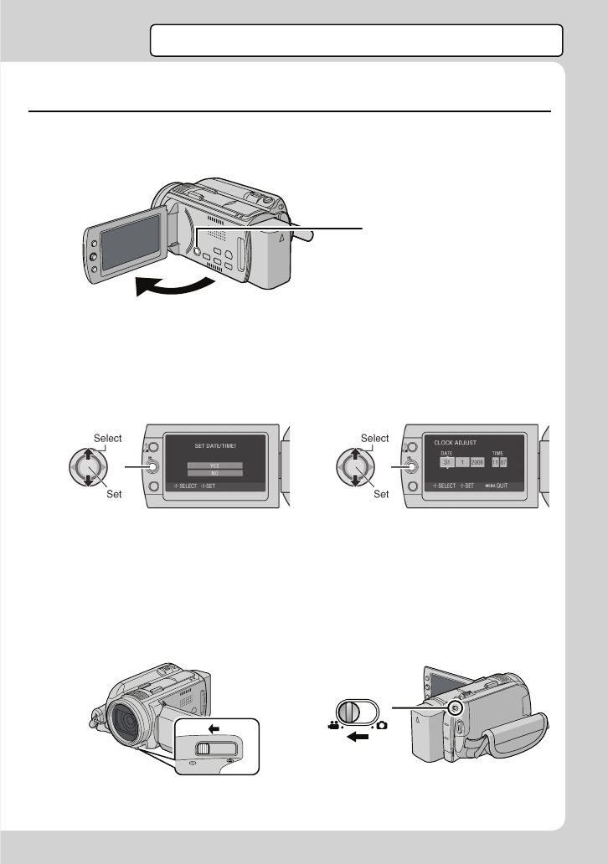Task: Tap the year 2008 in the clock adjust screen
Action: [x=478, y=461]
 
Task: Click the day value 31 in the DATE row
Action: [x=447, y=461]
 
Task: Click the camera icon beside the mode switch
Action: [x=383, y=723]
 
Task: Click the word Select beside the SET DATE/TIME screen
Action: [x=108, y=438]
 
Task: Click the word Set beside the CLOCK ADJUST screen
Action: [x=381, y=494]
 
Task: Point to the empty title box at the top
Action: [x=356, y=39]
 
